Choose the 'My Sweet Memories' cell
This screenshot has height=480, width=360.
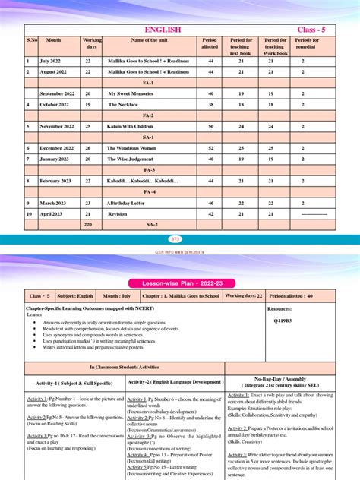[130, 93]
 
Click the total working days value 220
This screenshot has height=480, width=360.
[88, 226]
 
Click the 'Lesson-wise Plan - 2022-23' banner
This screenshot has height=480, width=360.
[180, 282]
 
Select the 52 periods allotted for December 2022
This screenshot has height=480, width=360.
[210, 148]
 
